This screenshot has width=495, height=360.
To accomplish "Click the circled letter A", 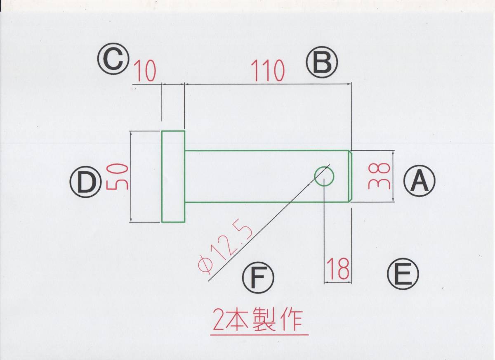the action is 420,182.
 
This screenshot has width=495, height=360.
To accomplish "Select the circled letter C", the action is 113,59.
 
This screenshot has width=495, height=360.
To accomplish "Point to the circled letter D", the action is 86,183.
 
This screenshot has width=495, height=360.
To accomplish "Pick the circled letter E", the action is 403,274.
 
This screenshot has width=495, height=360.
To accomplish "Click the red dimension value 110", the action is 269,71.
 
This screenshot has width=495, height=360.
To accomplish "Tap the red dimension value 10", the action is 145,72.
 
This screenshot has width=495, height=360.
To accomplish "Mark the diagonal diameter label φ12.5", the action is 225,246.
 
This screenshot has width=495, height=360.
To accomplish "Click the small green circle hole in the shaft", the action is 324,177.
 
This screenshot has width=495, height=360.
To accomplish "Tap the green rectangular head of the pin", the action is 173,176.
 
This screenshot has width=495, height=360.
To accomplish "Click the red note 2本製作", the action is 259,320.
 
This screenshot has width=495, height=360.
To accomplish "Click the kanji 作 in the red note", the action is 292,320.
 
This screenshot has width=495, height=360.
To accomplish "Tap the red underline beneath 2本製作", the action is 259,334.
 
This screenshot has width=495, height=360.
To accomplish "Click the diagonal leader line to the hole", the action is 268,223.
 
